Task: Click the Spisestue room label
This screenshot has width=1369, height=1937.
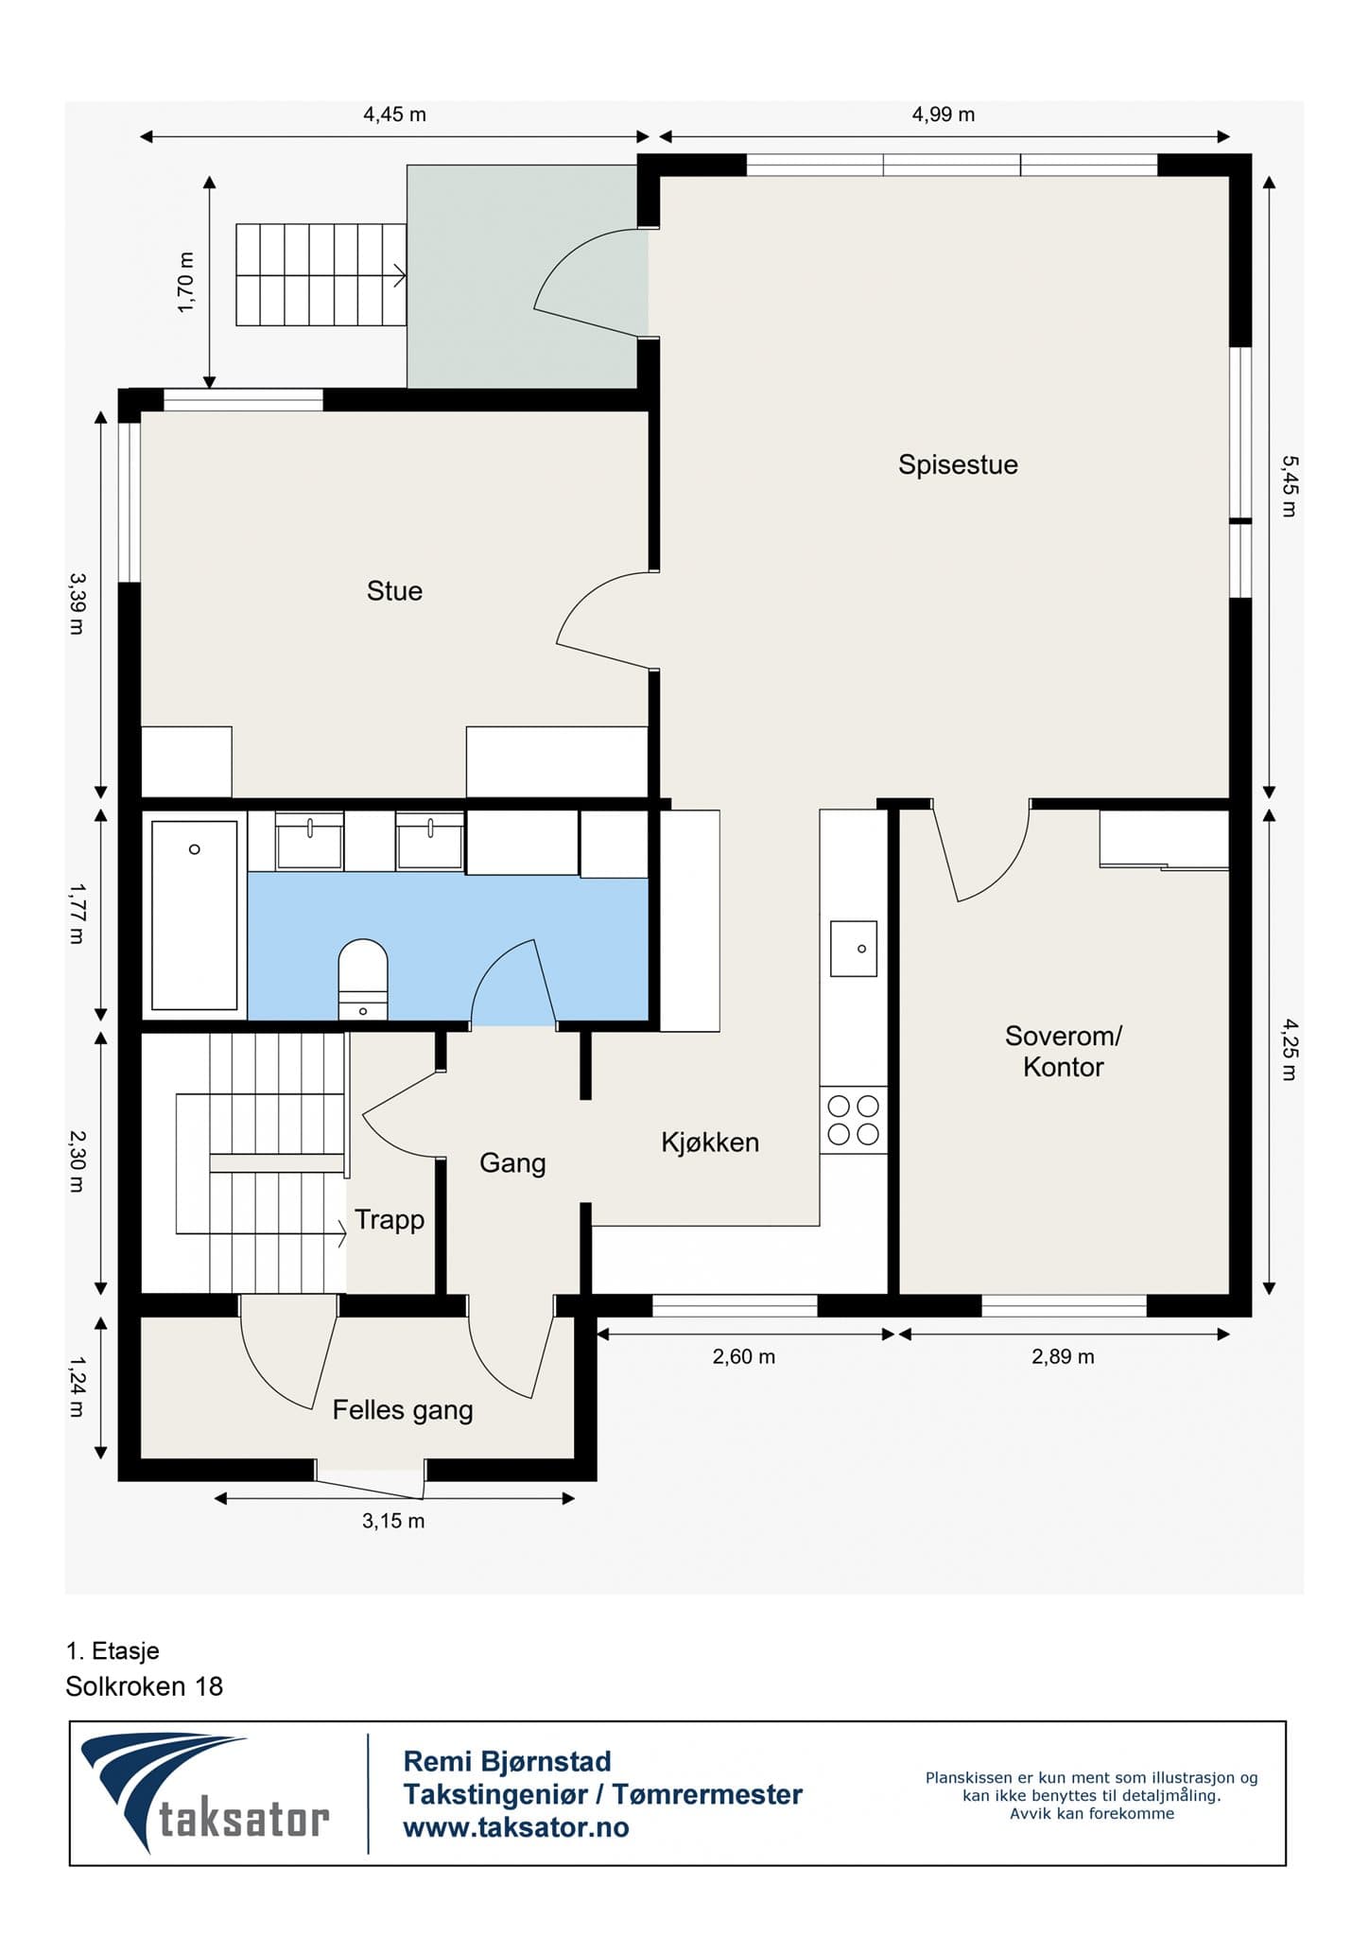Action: [x=958, y=465]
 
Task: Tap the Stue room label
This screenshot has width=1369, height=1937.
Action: [x=394, y=591]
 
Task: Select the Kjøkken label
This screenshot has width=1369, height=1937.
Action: [x=710, y=1143]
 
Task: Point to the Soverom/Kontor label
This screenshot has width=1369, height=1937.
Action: [x=1064, y=1052]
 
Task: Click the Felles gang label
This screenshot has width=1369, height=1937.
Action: [x=403, y=1410]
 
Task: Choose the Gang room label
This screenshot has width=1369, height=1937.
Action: [x=512, y=1162]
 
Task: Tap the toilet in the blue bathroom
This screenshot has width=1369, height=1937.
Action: [x=363, y=980]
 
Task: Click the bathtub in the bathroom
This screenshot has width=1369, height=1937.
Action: [x=195, y=916]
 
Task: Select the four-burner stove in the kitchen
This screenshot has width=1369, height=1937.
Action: [x=853, y=1120]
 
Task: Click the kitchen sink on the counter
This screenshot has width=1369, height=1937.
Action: [x=854, y=949]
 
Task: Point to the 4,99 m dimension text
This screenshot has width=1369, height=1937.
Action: [x=944, y=114]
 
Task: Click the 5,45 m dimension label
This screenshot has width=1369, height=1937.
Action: [x=1290, y=486]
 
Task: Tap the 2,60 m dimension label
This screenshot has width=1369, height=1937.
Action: [x=744, y=1356]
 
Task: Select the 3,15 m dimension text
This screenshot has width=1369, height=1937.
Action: [x=393, y=1521]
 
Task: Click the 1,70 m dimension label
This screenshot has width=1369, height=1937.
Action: [x=185, y=282]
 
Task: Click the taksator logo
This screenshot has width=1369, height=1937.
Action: [x=205, y=1794]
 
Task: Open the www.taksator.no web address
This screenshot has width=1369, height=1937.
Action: [x=516, y=1827]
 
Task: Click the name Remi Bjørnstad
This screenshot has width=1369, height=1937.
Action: [x=508, y=1761]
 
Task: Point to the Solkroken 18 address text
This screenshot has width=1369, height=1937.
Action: [x=145, y=1686]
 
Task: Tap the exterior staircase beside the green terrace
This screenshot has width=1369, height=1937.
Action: [x=321, y=275]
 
